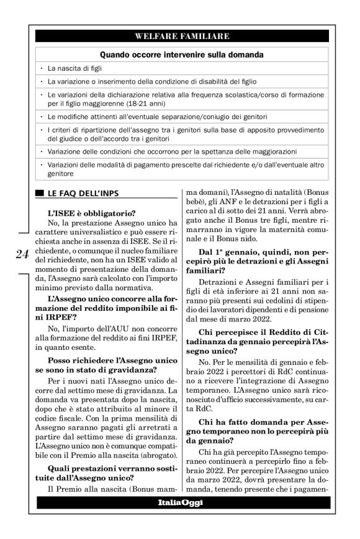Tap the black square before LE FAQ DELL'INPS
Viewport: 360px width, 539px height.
click(40, 194)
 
